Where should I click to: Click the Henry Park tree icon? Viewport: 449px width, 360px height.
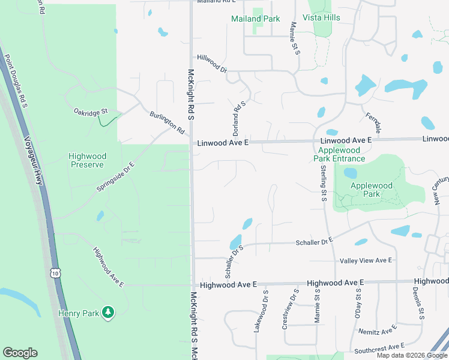coord(108,312)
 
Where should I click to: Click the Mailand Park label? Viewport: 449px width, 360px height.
coord(256,19)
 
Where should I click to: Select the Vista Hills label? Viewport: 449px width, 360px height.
coord(324,17)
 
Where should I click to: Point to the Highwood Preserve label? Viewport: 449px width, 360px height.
coord(86,160)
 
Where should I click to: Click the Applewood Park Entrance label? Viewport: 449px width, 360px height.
coord(339,154)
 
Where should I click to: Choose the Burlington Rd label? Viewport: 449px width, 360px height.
coord(167,122)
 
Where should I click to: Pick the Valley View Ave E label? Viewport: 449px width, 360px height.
coord(366,260)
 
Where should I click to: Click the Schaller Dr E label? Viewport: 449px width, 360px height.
coord(314,241)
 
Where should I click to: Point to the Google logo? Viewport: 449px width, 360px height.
coord(20,353)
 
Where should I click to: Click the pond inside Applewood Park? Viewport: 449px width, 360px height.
coord(350,173)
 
